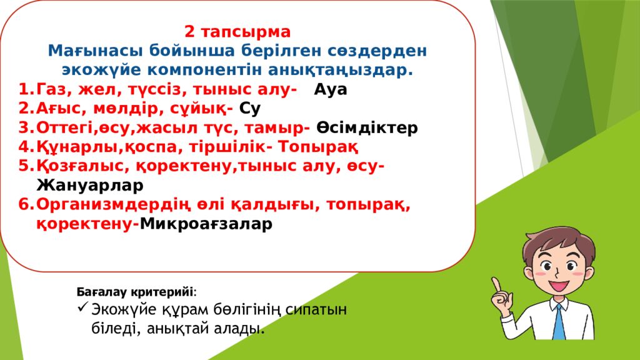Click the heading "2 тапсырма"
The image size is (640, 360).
pos(237,32)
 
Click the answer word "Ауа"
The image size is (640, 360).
pos(331,89)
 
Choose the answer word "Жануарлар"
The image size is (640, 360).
pos(90,186)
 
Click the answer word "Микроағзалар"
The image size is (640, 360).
pos(206,224)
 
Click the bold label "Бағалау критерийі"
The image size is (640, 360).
pos(135,292)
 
